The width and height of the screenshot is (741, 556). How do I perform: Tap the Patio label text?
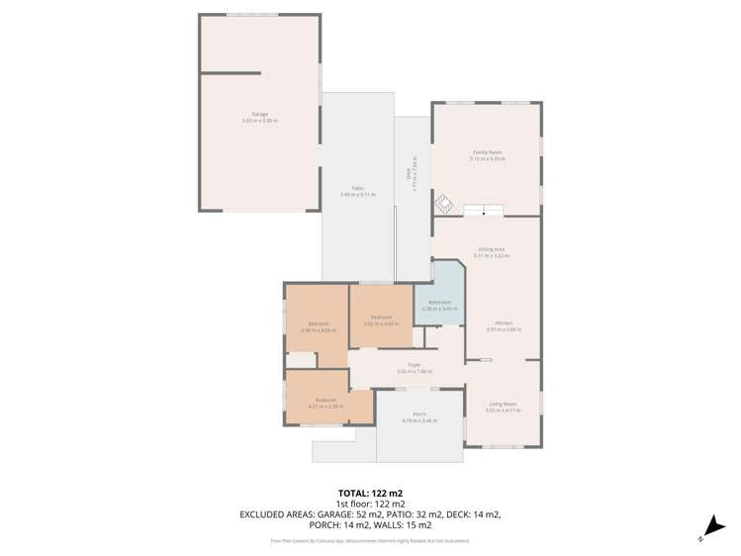[357, 191]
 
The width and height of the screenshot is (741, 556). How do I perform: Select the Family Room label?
[487, 154]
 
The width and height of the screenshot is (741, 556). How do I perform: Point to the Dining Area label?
[491, 251]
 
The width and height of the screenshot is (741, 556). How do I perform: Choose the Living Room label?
[503, 406]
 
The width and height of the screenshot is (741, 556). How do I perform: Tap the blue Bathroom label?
[439, 305]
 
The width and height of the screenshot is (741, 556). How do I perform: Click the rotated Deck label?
[409, 174]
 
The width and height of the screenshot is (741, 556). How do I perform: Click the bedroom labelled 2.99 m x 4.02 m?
[318, 326]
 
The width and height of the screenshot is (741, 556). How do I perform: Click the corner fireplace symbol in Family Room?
[442, 205]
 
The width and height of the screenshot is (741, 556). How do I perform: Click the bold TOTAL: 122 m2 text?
[370, 492]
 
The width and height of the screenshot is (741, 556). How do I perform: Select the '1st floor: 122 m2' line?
[370, 504]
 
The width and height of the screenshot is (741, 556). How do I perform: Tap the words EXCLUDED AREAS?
[273, 515]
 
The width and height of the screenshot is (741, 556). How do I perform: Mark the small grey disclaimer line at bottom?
[370, 541]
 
